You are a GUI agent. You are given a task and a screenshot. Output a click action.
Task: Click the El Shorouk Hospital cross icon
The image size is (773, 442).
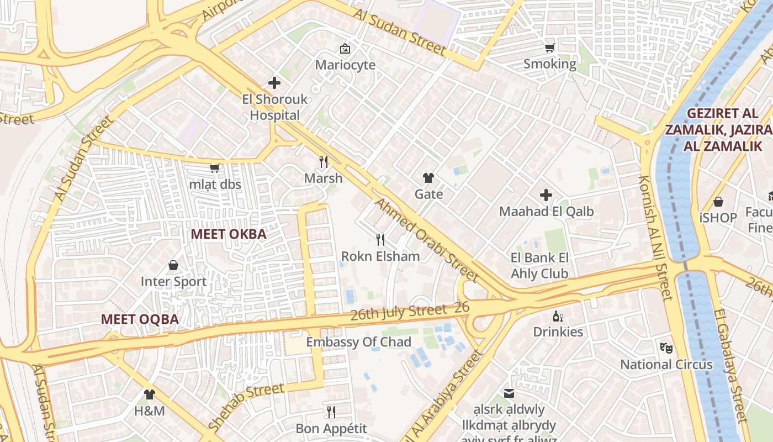[x=274, y=83]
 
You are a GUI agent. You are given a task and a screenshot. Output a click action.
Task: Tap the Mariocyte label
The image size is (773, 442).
[x=345, y=65]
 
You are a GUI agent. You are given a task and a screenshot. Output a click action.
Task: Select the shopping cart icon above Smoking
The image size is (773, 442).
[x=549, y=48]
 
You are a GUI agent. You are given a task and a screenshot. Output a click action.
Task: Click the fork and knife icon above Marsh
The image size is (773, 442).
[x=324, y=162]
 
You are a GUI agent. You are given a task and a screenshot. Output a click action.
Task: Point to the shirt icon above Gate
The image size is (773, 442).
[x=428, y=178]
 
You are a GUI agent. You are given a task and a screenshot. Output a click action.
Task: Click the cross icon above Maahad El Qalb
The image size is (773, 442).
[x=546, y=195]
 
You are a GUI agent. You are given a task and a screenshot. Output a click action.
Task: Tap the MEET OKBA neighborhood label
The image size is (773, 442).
[x=229, y=234]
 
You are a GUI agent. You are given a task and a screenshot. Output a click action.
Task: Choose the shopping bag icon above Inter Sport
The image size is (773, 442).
[x=173, y=266]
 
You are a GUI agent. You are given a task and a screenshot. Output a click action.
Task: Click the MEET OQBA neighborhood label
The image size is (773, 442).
[x=140, y=319]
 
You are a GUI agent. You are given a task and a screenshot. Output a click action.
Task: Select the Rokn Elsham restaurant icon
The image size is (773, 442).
[x=380, y=240]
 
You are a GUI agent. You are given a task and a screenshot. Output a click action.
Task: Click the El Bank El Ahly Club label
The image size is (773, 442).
[x=539, y=266]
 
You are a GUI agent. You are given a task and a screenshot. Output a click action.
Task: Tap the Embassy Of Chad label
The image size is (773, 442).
[x=358, y=342]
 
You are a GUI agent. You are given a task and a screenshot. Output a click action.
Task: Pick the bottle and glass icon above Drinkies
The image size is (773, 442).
[x=558, y=316]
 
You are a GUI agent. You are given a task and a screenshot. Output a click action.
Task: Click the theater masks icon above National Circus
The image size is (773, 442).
[x=666, y=348]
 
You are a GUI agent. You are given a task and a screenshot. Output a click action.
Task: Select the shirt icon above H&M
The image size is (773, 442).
[x=150, y=394]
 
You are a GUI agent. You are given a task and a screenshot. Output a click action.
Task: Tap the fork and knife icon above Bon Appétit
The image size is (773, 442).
[x=331, y=412]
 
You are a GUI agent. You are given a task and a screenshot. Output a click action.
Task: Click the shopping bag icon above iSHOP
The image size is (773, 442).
[x=718, y=202]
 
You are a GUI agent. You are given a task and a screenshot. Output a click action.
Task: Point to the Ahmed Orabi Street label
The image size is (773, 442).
[x=426, y=240]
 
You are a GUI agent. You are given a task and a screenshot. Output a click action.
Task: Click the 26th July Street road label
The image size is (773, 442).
[x=399, y=313]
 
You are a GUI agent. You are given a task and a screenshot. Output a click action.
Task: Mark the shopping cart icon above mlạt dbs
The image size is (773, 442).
[x=214, y=168]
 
